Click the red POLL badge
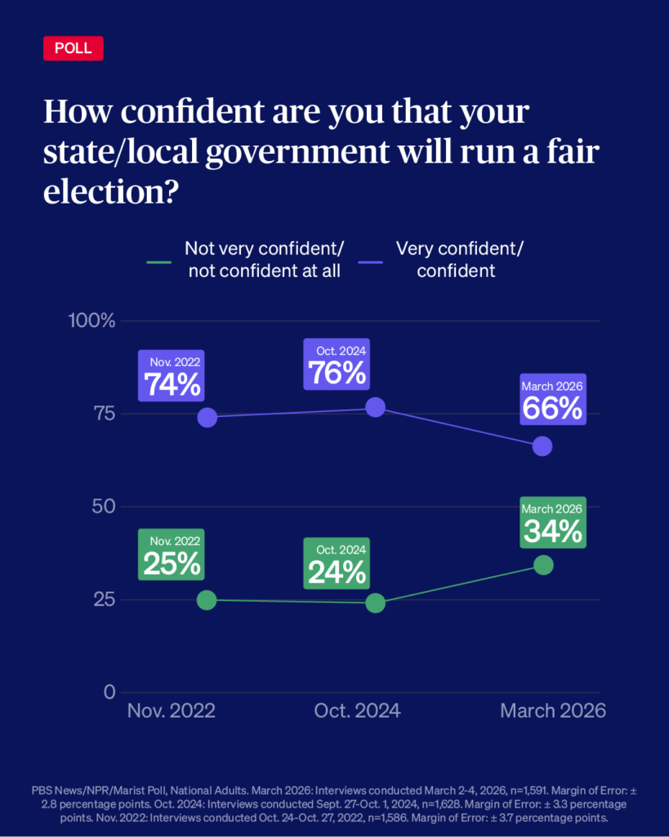click(74, 48)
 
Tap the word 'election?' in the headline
click(111, 192)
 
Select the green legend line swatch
click(159, 262)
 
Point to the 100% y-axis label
click(91, 320)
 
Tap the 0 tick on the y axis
click(109, 692)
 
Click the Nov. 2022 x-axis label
click(172, 710)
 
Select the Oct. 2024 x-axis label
click(358, 710)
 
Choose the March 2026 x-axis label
click(553, 710)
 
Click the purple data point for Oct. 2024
click(375, 407)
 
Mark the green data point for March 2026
click(543, 566)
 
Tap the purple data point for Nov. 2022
click(207, 417)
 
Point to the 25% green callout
click(172, 555)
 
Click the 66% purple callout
click(553, 401)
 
